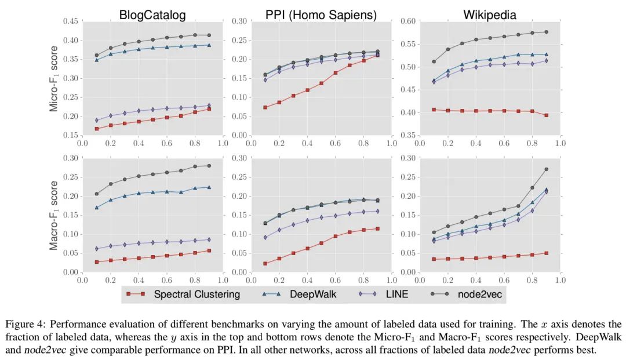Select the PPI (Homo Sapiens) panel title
click(x=321, y=15)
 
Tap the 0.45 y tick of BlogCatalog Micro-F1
click(x=70, y=21)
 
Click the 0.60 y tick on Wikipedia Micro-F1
click(x=409, y=21)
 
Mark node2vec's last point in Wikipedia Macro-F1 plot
click(x=546, y=169)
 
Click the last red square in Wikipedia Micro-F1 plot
click(x=546, y=115)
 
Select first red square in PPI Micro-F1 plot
click(x=265, y=107)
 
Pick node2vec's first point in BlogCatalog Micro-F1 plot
click(x=96, y=56)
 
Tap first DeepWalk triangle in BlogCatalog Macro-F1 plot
click(x=96, y=208)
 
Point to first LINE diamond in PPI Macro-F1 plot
click(x=265, y=237)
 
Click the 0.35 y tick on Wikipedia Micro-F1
click(x=409, y=136)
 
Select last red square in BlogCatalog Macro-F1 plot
click(x=209, y=250)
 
